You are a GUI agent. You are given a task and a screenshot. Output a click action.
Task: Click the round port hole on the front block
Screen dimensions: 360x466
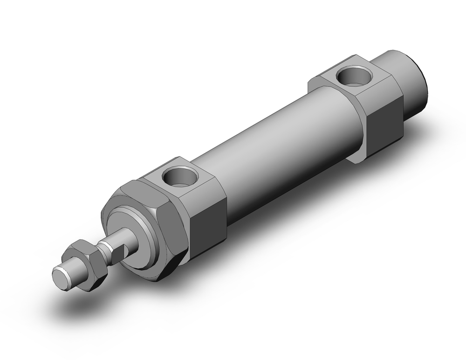point(180,177)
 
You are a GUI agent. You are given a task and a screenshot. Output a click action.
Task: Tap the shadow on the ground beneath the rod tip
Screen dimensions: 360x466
point(79,303)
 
